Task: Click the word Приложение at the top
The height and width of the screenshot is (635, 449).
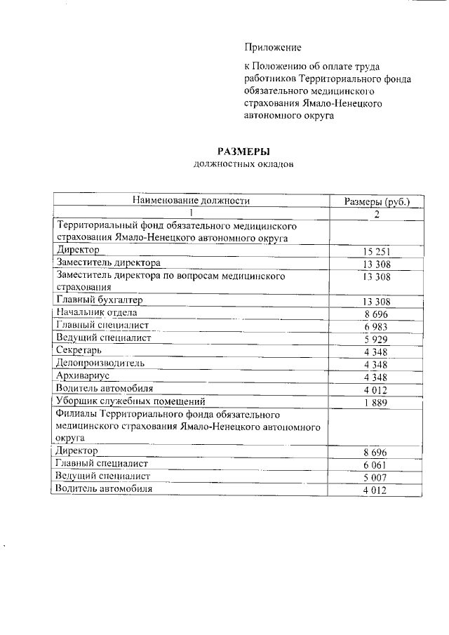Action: coord(273,48)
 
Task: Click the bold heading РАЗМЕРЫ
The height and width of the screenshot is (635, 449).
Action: coord(243,151)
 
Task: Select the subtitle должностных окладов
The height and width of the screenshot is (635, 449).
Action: coord(243,164)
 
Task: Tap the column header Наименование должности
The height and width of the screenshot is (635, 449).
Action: coord(191,201)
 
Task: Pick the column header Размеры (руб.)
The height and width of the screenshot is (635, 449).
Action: coord(376,201)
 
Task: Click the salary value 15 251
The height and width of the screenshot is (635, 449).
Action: coord(376,252)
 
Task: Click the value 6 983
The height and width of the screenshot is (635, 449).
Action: coord(376,327)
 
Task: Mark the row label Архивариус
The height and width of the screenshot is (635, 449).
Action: coord(83,375)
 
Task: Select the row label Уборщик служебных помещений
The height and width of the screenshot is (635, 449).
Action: coord(130,401)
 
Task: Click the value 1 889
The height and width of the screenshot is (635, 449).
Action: coord(376,402)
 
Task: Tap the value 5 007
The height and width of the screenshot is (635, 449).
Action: coord(376,478)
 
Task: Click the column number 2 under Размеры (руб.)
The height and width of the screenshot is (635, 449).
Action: coord(376,214)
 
